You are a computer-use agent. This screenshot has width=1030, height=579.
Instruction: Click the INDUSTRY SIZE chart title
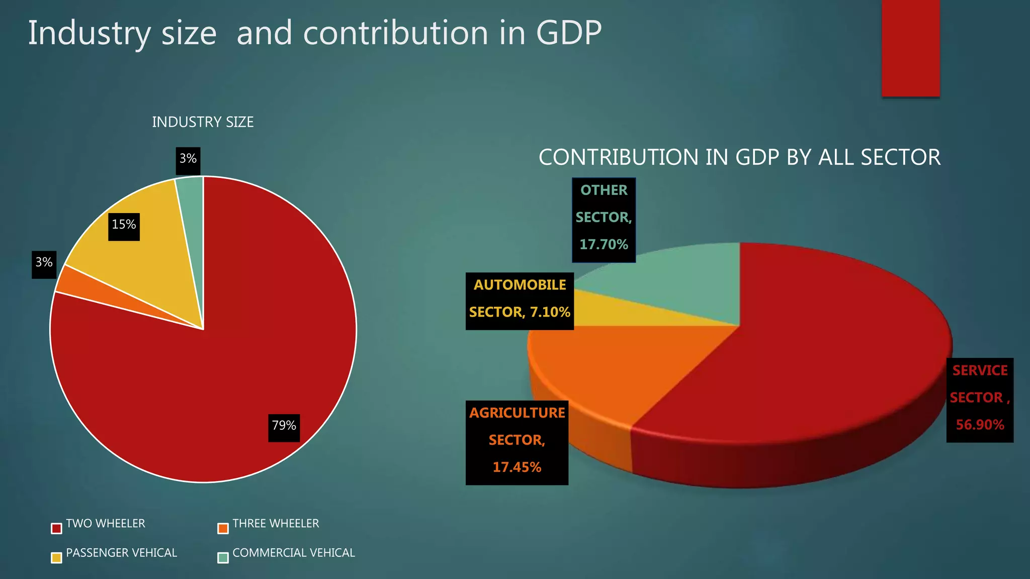coord(203,122)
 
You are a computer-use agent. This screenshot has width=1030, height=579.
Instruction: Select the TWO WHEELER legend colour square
coord(56,528)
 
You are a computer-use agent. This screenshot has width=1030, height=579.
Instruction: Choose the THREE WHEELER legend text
coord(276,524)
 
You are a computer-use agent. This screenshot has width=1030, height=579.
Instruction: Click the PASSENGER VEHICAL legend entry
coord(121,553)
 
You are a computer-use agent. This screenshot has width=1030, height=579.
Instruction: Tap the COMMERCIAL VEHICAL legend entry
coord(293,553)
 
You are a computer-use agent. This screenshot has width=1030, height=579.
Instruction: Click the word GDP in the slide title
coord(569,33)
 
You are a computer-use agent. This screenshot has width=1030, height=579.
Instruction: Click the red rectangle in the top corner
coord(910,48)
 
